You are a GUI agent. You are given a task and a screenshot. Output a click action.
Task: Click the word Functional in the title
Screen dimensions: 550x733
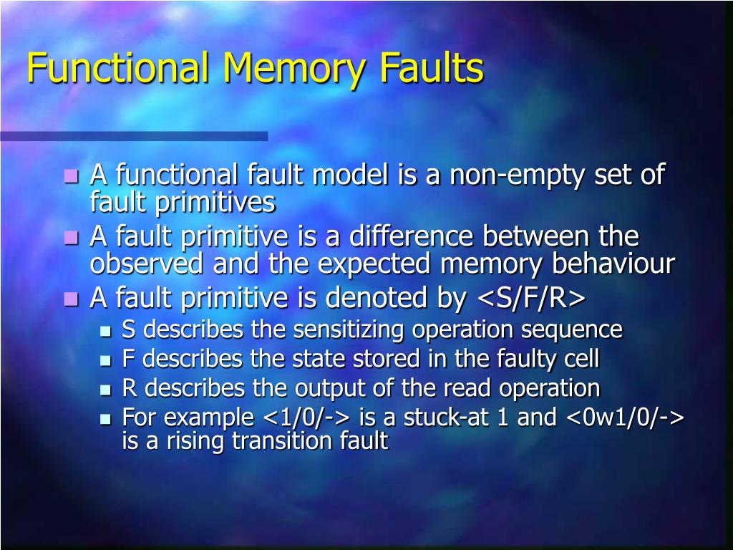point(118,69)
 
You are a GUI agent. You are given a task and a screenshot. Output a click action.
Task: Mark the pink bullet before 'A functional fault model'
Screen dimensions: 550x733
point(71,176)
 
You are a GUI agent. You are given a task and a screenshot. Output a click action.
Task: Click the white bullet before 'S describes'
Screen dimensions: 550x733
point(106,332)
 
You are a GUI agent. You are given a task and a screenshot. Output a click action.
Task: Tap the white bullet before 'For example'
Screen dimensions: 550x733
point(106,419)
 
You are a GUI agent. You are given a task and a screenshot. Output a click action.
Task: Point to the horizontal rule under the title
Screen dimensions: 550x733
point(134,135)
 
